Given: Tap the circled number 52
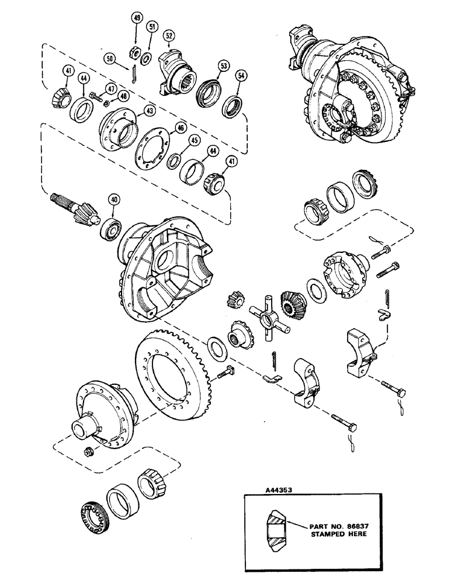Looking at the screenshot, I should [169, 36].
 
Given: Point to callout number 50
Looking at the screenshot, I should [110, 58].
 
